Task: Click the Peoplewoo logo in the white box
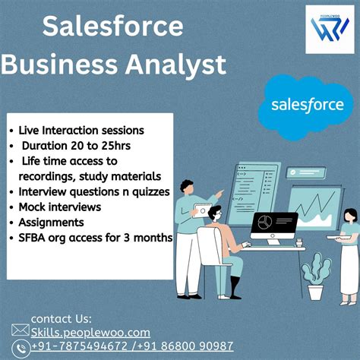point(328,30)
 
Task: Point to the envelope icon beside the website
point(21,331)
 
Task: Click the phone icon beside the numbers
point(21,346)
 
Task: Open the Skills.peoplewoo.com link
point(90,332)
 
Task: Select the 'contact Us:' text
point(61,318)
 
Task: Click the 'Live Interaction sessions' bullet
point(79,130)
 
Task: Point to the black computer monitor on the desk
point(274,226)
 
